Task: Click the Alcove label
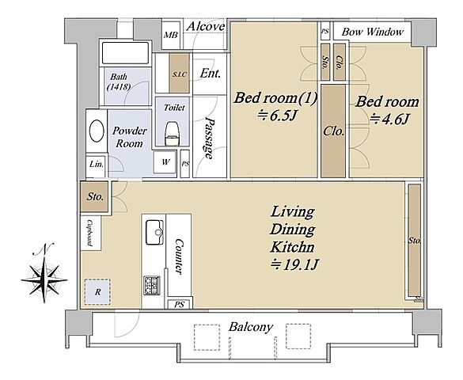206,27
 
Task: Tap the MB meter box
171,35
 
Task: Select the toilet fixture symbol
172,134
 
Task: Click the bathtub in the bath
125,53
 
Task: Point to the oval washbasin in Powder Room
97,131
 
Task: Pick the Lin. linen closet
96,165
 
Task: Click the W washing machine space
165,161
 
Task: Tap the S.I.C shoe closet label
179,74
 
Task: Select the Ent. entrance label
210,73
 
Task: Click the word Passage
210,139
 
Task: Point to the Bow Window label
373,32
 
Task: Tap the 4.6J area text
389,120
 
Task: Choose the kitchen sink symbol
154,232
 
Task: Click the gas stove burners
152,285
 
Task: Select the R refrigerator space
97,292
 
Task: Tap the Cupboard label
89,234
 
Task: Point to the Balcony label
251,327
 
